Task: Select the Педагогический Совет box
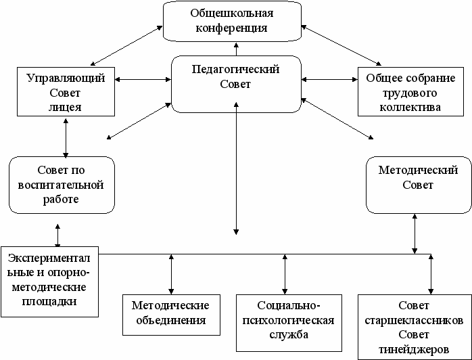(x=235, y=84)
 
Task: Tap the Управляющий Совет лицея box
(x=65, y=92)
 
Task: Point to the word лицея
(x=65, y=107)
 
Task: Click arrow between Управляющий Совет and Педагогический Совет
(x=143, y=80)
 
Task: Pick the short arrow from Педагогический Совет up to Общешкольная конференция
(x=236, y=47)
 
